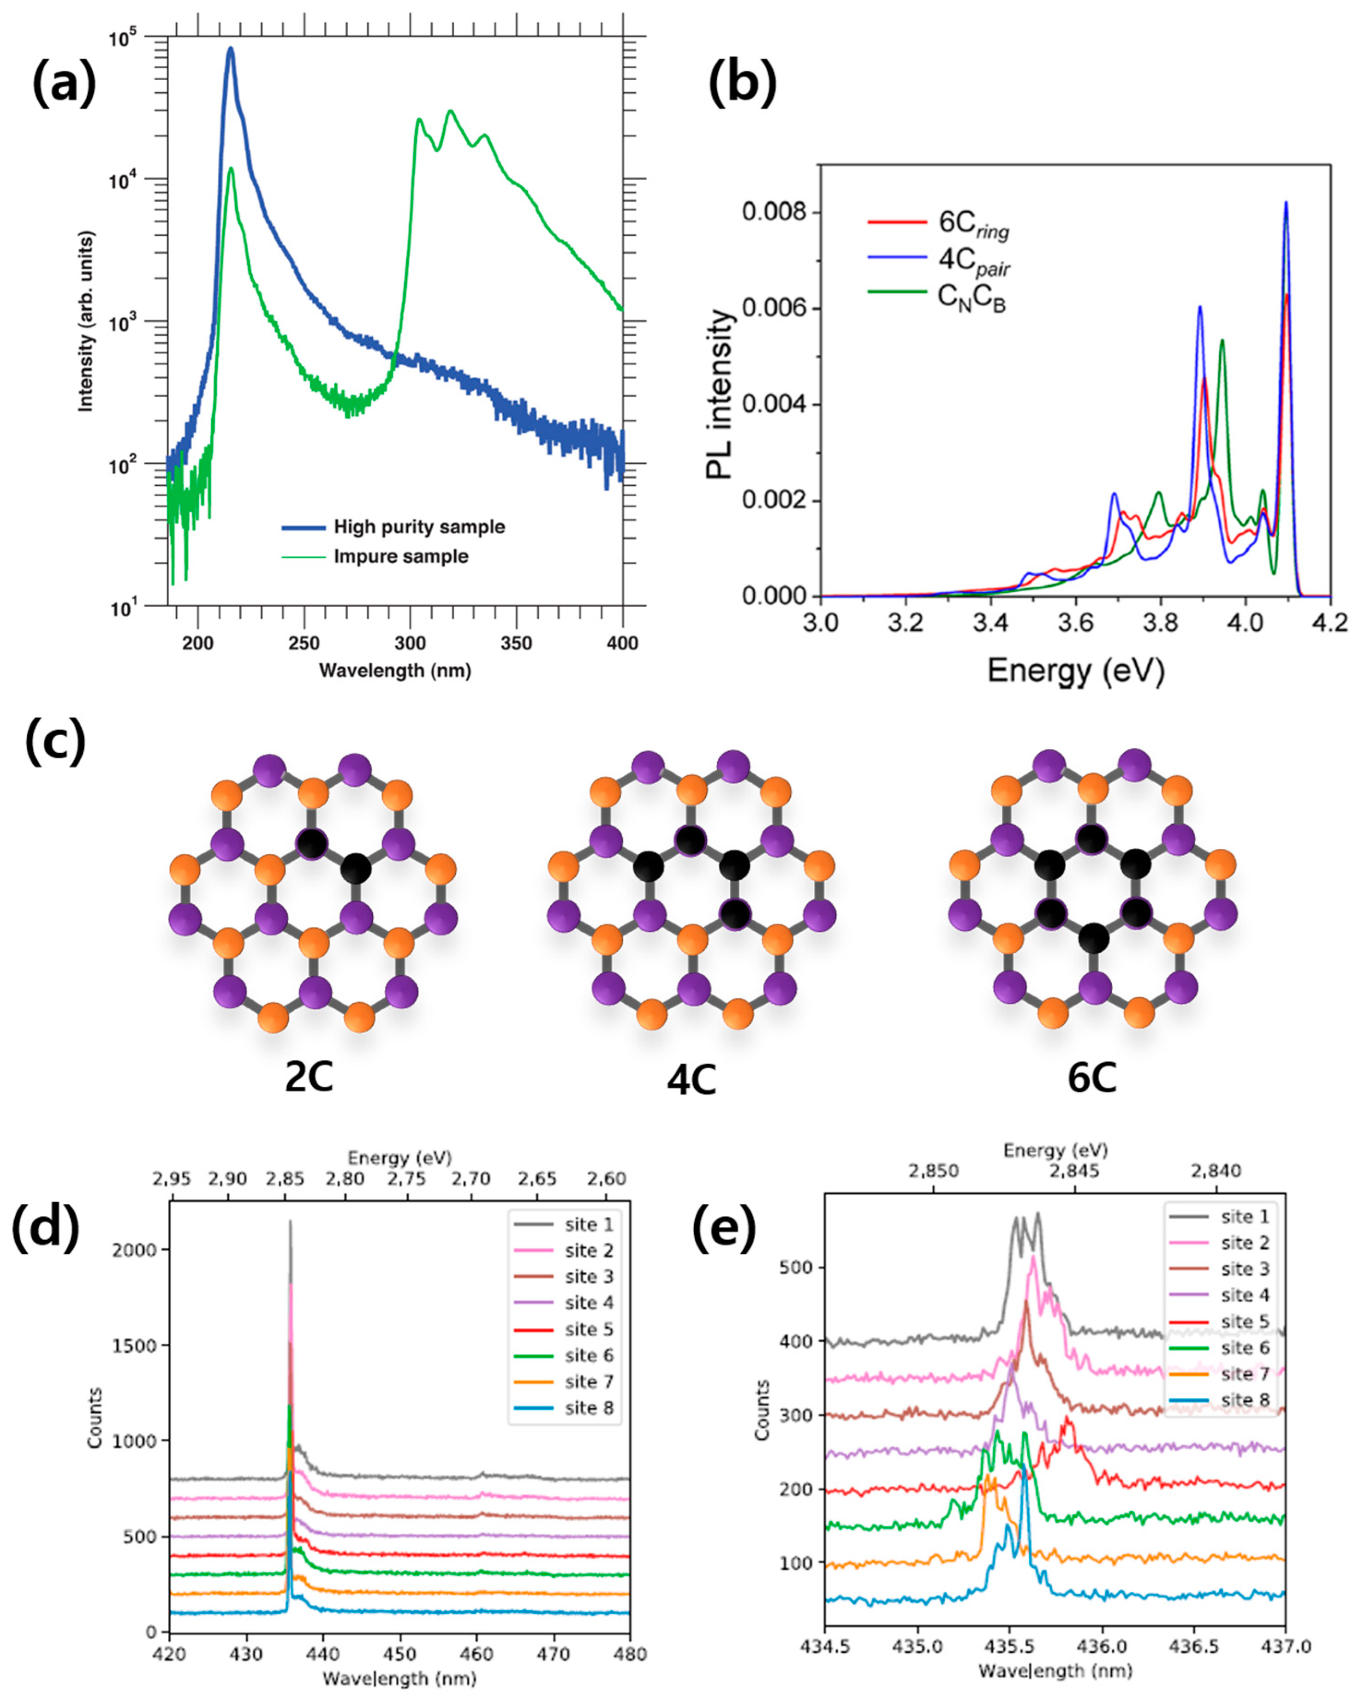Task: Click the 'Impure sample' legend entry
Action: (x=400, y=556)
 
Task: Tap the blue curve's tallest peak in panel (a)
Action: (x=231, y=49)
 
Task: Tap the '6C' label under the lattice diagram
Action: (x=1092, y=1078)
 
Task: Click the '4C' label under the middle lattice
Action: (x=691, y=1081)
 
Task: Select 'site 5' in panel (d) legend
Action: (x=589, y=1329)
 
